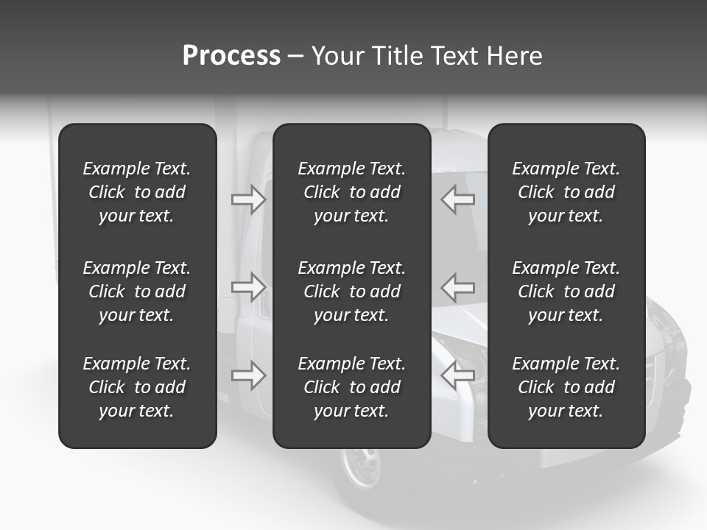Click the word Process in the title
(x=231, y=56)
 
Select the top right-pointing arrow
(x=248, y=199)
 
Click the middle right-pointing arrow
(x=248, y=287)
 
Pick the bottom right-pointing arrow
(x=248, y=375)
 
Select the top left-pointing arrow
(x=457, y=199)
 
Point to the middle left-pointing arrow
(x=457, y=287)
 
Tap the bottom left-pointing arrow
(x=457, y=375)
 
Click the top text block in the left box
(x=137, y=192)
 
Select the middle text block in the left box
(x=137, y=291)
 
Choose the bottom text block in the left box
(x=137, y=387)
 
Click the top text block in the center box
(x=351, y=192)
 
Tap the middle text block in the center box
(x=351, y=291)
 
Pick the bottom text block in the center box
(x=351, y=387)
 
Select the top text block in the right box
(x=566, y=192)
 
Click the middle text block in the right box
(x=566, y=291)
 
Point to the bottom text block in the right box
(x=566, y=387)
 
